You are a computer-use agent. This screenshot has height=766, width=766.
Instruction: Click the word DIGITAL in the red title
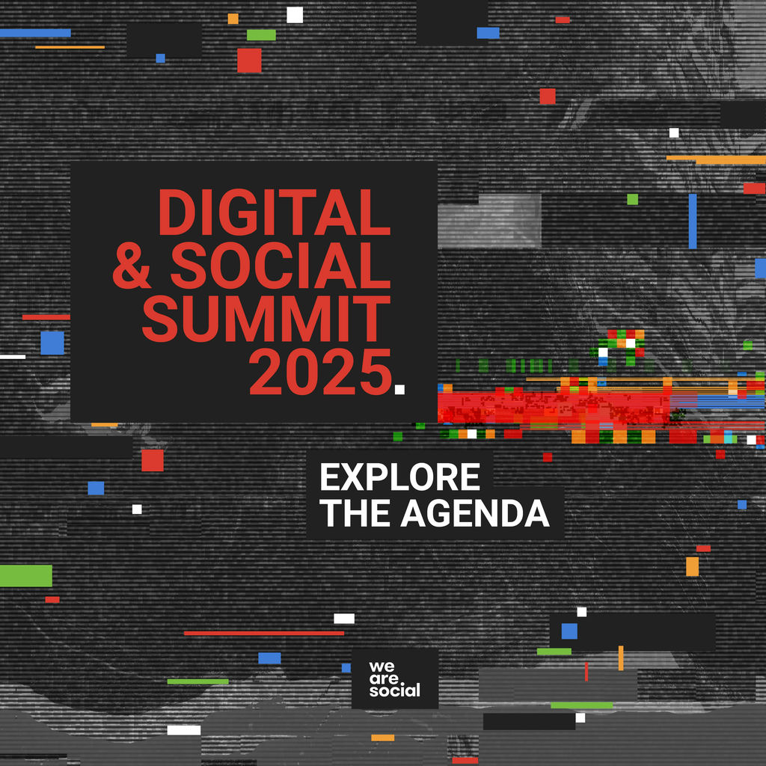(x=274, y=212)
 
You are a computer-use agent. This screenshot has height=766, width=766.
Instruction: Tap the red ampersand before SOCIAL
(x=132, y=266)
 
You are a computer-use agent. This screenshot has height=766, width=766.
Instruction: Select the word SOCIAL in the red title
(x=281, y=266)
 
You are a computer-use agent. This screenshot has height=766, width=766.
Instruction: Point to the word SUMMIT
(x=266, y=319)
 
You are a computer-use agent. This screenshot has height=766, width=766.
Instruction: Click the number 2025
(x=321, y=373)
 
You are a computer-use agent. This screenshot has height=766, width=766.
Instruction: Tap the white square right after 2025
(x=399, y=389)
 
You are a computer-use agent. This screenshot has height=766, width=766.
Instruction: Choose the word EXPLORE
(x=400, y=477)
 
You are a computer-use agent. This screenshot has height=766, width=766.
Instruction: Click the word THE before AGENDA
(x=356, y=513)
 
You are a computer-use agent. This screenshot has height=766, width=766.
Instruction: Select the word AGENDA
(x=475, y=513)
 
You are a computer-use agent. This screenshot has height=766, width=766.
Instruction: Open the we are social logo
(x=395, y=678)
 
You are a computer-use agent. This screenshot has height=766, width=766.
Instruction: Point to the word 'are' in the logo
(x=384, y=678)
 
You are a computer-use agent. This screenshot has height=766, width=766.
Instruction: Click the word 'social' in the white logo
(x=395, y=690)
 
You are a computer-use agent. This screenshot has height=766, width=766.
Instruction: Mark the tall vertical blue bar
(x=693, y=221)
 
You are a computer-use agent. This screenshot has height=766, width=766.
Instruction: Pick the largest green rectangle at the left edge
(x=26, y=575)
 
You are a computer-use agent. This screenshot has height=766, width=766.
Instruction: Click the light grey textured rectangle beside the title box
(x=489, y=221)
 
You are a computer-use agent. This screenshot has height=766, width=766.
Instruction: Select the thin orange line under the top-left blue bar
(x=70, y=47)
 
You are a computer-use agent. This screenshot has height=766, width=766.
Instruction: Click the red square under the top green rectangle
(x=249, y=61)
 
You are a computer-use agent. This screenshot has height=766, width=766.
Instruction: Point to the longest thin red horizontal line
(x=264, y=633)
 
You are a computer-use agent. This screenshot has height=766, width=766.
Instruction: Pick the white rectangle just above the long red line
(x=344, y=619)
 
